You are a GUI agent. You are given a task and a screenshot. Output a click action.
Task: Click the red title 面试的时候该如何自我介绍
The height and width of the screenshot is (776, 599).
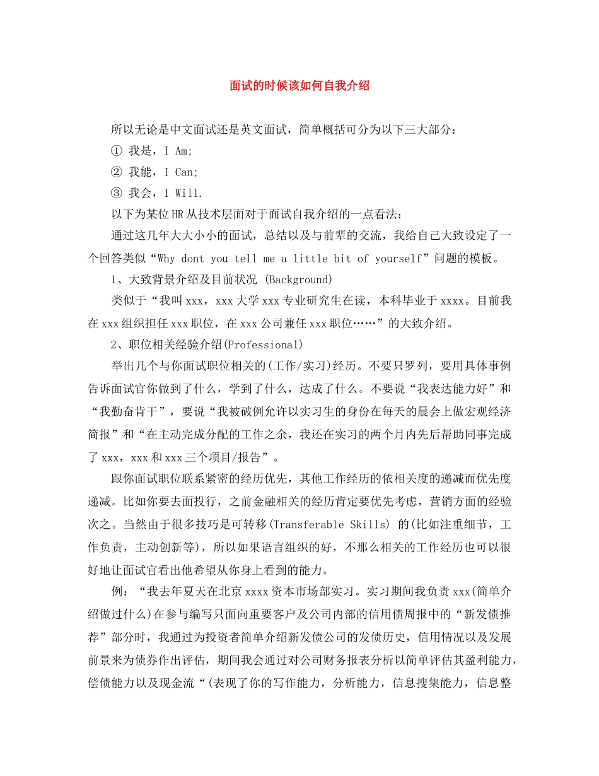(x=299, y=86)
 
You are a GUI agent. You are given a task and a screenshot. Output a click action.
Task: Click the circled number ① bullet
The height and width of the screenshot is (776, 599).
(x=116, y=151)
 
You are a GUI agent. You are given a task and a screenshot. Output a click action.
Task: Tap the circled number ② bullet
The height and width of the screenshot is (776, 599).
(x=116, y=172)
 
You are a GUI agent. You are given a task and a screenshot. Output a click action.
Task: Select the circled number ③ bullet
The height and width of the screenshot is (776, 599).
(x=116, y=193)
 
